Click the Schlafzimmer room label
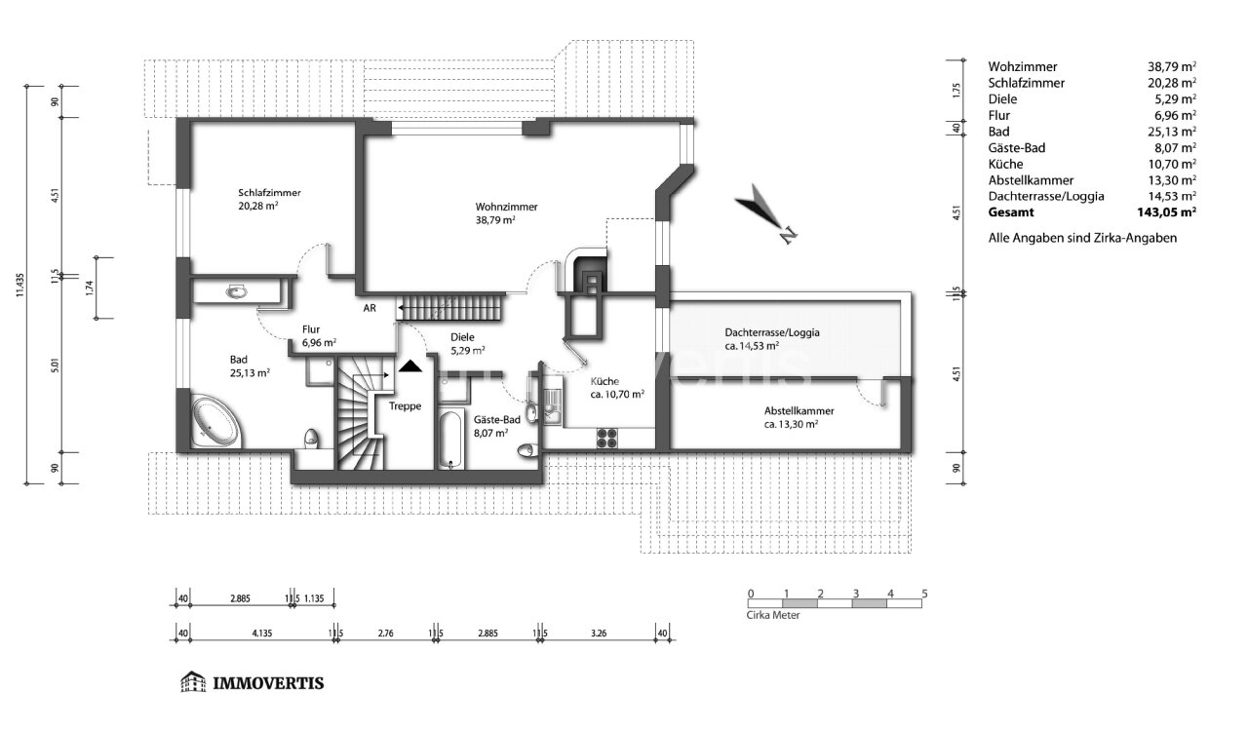point(270,193)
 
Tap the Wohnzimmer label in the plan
point(506,207)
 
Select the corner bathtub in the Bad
point(215,421)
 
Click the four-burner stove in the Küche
point(607,439)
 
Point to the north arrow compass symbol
point(765,213)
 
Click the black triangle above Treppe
point(410,365)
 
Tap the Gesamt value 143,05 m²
point(1166,212)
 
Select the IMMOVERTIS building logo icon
point(193,681)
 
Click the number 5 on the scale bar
point(924,594)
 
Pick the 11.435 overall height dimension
point(20,285)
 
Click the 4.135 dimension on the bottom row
point(262,634)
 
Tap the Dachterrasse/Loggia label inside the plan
point(771,332)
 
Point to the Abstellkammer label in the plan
point(799,411)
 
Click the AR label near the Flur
point(370,308)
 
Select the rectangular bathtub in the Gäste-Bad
point(450,440)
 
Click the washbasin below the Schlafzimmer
point(237,291)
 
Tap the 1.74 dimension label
point(90,288)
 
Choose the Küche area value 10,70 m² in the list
point(1172,165)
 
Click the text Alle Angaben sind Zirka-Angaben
point(1082,239)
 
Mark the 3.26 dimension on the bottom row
point(599,634)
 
